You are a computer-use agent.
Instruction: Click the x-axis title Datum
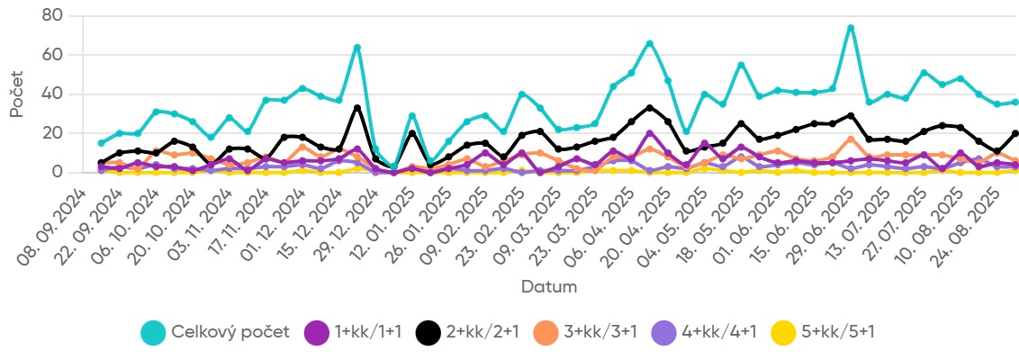[x=548, y=287]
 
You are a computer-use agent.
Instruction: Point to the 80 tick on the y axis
[x=52, y=16]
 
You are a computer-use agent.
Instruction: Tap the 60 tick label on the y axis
[x=52, y=55]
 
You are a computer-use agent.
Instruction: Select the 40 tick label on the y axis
[x=52, y=94]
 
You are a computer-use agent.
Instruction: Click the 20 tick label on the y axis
[x=52, y=133]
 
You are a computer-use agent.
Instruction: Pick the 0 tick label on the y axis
[x=57, y=172]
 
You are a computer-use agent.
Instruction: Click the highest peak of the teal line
[x=851, y=28]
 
